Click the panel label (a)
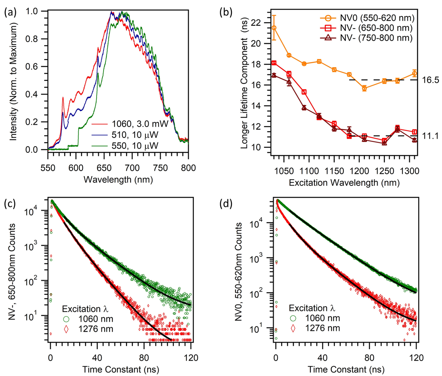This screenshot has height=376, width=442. point(9,13)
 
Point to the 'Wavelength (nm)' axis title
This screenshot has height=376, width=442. point(118,180)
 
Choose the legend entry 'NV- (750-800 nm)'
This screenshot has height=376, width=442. point(376,38)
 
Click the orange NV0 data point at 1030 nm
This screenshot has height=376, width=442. point(274,28)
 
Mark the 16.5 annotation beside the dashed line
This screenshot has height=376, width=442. point(430,80)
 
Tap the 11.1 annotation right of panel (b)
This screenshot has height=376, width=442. point(430,136)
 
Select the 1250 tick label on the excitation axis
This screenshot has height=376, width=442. point(384,171)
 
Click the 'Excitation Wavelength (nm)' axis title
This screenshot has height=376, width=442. point(344,182)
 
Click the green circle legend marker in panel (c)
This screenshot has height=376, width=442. point(66,319)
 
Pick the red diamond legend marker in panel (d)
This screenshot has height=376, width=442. point(293,328)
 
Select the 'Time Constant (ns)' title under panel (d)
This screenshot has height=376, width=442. point(346,369)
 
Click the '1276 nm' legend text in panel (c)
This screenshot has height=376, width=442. point(96,329)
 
